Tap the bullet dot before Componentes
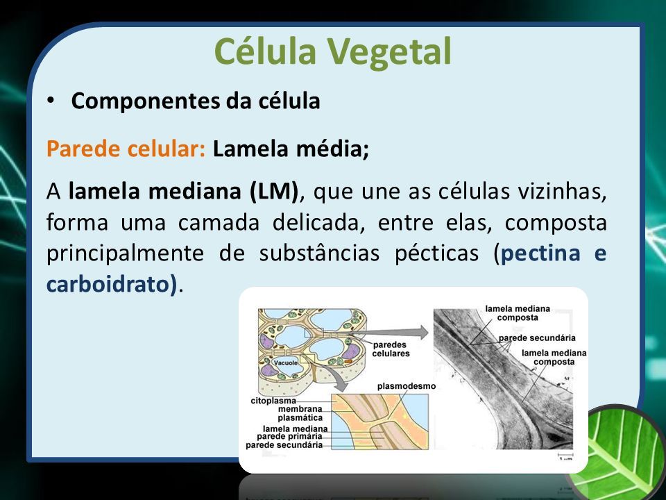51,100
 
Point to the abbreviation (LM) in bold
274,192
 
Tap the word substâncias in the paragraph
319,253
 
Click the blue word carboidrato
111,285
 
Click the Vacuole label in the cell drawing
286,362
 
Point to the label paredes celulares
391,349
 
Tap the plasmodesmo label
407,386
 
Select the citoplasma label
273,401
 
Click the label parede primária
289,437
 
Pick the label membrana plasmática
300,413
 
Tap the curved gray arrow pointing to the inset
333,378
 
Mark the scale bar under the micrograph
565,454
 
